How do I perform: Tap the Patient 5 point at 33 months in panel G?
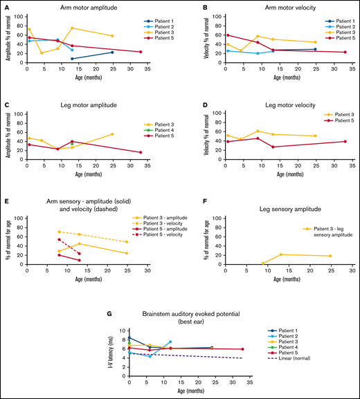(x=242, y=349)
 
